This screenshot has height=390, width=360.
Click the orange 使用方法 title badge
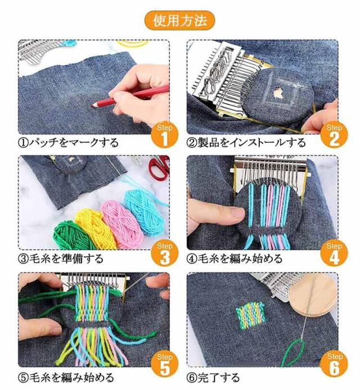click(x=180, y=20)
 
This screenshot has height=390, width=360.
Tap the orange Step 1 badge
click(x=165, y=136)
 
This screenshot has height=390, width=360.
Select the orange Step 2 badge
click(x=334, y=136)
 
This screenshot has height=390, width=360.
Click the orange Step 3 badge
click(x=165, y=254)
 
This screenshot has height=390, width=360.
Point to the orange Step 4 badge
click(x=334, y=254)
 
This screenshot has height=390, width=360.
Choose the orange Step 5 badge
click(x=165, y=365)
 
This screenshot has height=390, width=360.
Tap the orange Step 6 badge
click(x=334, y=365)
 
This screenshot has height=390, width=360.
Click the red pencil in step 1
click(x=130, y=96)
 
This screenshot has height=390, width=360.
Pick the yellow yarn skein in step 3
click(x=94, y=229)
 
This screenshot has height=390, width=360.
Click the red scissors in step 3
click(x=159, y=167)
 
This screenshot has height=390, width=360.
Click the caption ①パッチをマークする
click(x=69, y=142)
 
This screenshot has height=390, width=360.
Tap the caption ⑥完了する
click(x=213, y=377)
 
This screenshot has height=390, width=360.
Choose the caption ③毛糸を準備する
click(x=61, y=259)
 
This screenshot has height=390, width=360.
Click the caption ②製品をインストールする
click(x=246, y=142)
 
